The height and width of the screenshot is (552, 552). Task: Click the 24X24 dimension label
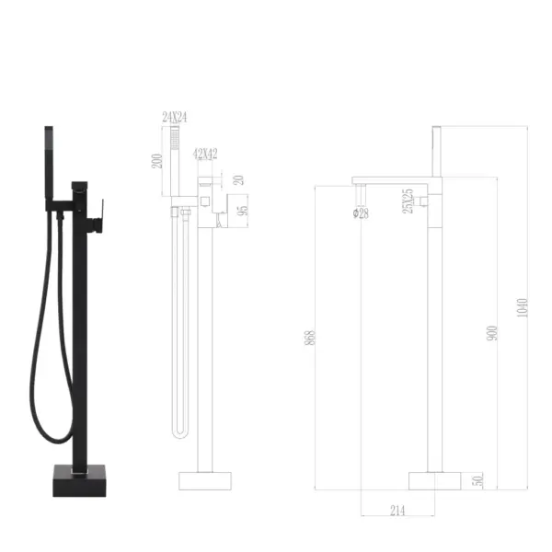tap(174, 118)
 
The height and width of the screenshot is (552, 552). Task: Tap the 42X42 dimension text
tap(205, 154)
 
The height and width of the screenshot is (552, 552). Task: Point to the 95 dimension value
tap(244, 210)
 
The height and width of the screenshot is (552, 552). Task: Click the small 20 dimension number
tap(238, 181)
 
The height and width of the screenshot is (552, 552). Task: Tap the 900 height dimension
tap(490, 334)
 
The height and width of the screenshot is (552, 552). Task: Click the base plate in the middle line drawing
tap(203, 481)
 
